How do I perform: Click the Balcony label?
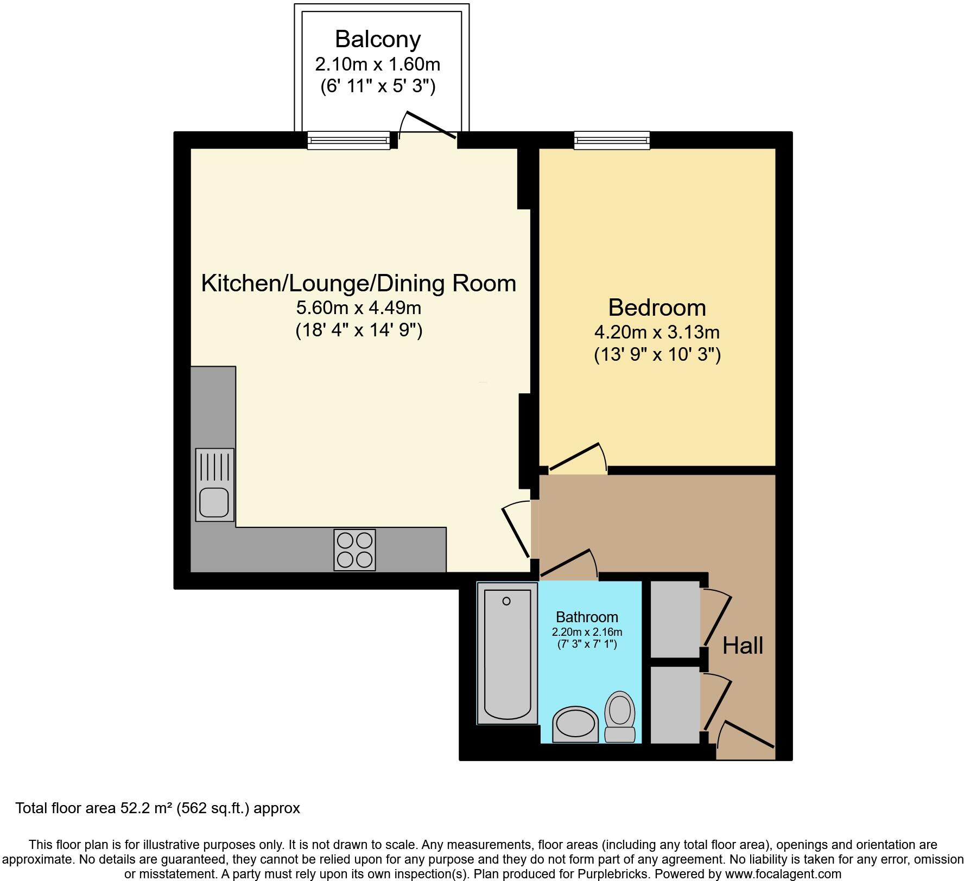(x=377, y=39)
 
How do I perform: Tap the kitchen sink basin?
(x=213, y=502)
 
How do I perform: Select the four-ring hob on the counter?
(x=354, y=550)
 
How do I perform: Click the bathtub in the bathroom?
(x=507, y=653)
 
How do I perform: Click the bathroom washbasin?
(x=575, y=724)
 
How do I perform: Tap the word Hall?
(x=743, y=646)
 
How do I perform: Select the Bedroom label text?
(x=657, y=308)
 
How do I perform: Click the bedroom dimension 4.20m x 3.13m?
(x=657, y=331)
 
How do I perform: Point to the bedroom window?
(x=612, y=141)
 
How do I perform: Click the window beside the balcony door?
(x=348, y=141)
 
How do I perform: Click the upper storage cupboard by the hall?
(x=675, y=614)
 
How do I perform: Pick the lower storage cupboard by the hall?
(x=675, y=704)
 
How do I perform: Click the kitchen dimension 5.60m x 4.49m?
(x=358, y=308)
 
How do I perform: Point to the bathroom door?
(x=567, y=563)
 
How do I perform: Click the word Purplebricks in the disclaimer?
(x=617, y=874)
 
